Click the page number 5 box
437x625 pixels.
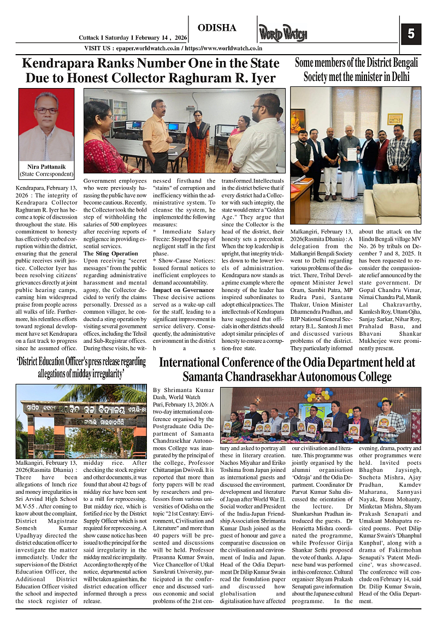(411, 34)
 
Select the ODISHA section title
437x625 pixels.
(217, 28)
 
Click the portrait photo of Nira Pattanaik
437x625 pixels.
(46, 125)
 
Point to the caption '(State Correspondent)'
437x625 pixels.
(46, 174)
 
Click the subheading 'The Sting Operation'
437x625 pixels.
(110, 254)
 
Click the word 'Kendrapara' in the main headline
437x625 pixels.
(57, 63)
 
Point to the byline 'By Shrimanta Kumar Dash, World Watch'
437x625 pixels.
(180, 393)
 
